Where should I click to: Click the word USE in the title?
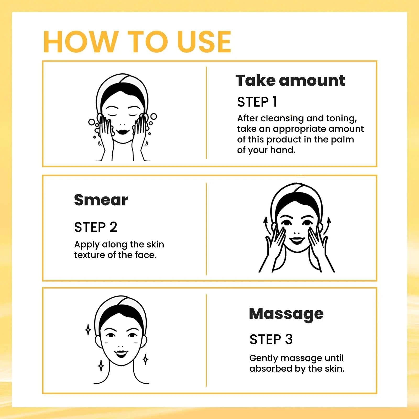pos(204,42)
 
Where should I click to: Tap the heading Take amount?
pos(290,80)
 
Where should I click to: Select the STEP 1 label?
pos(257,102)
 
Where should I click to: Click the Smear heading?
pos(101,200)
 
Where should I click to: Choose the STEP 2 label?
pos(96,227)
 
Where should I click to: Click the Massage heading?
pos(286,314)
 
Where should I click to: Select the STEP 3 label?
pos(271,339)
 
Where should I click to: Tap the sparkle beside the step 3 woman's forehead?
pos(88,330)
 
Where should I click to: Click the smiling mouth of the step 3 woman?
pos(121,354)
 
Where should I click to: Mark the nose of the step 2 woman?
pos(297,233)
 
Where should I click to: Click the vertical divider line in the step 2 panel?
pos(206,229)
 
